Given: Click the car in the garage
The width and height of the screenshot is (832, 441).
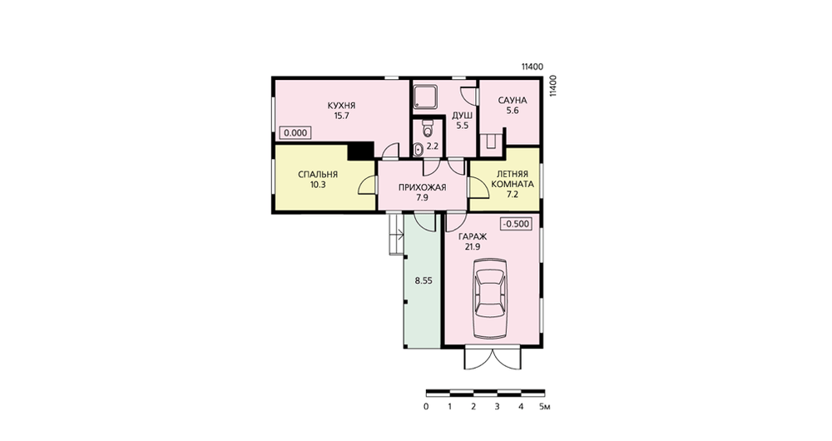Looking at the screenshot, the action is click(x=490, y=299).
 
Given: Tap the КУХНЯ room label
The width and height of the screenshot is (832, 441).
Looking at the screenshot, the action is click(x=342, y=105).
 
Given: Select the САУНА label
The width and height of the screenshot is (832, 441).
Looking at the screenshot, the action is click(x=512, y=101).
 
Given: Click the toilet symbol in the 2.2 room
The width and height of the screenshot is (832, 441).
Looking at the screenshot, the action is click(x=428, y=127).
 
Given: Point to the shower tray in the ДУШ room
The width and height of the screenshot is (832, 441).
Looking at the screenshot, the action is click(x=425, y=97).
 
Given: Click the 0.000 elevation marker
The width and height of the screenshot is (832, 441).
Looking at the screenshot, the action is click(x=295, y=132).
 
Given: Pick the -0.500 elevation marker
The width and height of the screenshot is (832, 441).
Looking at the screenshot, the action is click(x=516, y=224).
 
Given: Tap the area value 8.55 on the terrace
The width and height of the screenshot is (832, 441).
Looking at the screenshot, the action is click(x=423, y=281).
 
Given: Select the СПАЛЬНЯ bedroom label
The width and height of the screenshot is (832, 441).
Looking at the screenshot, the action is click(x=318, y=175).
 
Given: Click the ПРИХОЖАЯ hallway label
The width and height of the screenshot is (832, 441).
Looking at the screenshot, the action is click(x=423, y=187).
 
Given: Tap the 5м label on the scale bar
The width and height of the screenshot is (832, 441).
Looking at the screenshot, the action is click(x=544, y=407).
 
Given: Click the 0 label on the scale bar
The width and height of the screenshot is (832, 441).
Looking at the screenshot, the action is click(x=426, y=407).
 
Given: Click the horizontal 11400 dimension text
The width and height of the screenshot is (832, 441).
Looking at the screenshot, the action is click(x=532, y=67).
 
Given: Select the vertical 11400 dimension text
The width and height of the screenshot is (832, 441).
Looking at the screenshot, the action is click(x=553, y=86).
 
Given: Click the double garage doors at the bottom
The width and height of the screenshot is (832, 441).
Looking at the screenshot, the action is click(x=493, y=359).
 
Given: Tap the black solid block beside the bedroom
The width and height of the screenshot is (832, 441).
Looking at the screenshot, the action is click(x=360, y=151).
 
